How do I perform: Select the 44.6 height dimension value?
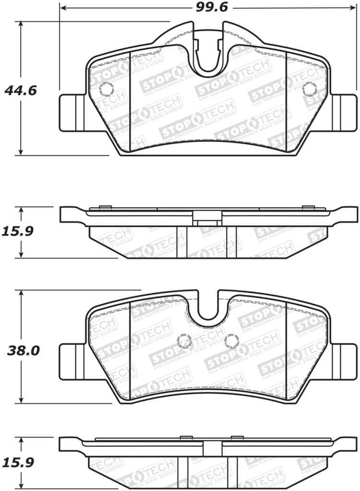(x=20, y=90)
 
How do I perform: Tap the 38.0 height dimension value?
(x=22, y=350)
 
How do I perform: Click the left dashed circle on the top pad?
(x=105, y=89)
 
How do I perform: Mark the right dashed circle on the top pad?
(x=310, y=89)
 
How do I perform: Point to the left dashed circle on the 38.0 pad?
(x=184, y=341)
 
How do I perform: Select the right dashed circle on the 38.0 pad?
(x=232, y=341)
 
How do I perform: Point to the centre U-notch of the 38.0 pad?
(x=208, y=307)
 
